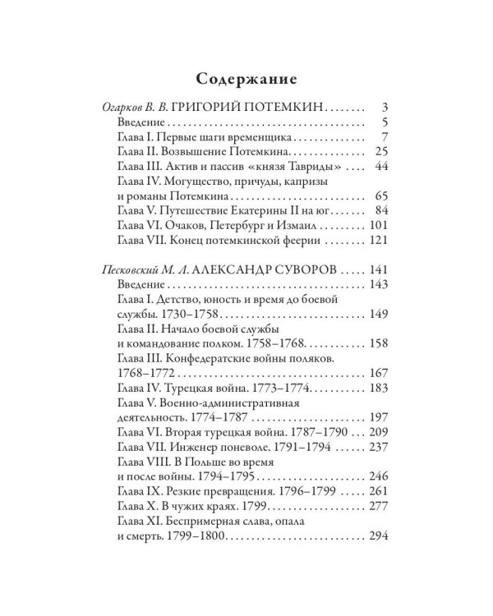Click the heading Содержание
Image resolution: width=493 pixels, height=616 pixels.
[246, 80]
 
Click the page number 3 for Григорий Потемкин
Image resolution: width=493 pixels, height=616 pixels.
[384, 108]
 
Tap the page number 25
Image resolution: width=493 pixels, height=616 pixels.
[380, 152]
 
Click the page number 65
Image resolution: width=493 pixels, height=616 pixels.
[380, 196]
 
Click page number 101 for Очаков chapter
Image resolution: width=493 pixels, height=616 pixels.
[377, 226]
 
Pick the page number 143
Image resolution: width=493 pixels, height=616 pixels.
[377, 285]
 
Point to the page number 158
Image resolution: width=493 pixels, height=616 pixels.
[377, 344]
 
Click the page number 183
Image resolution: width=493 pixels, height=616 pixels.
[377, 388]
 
